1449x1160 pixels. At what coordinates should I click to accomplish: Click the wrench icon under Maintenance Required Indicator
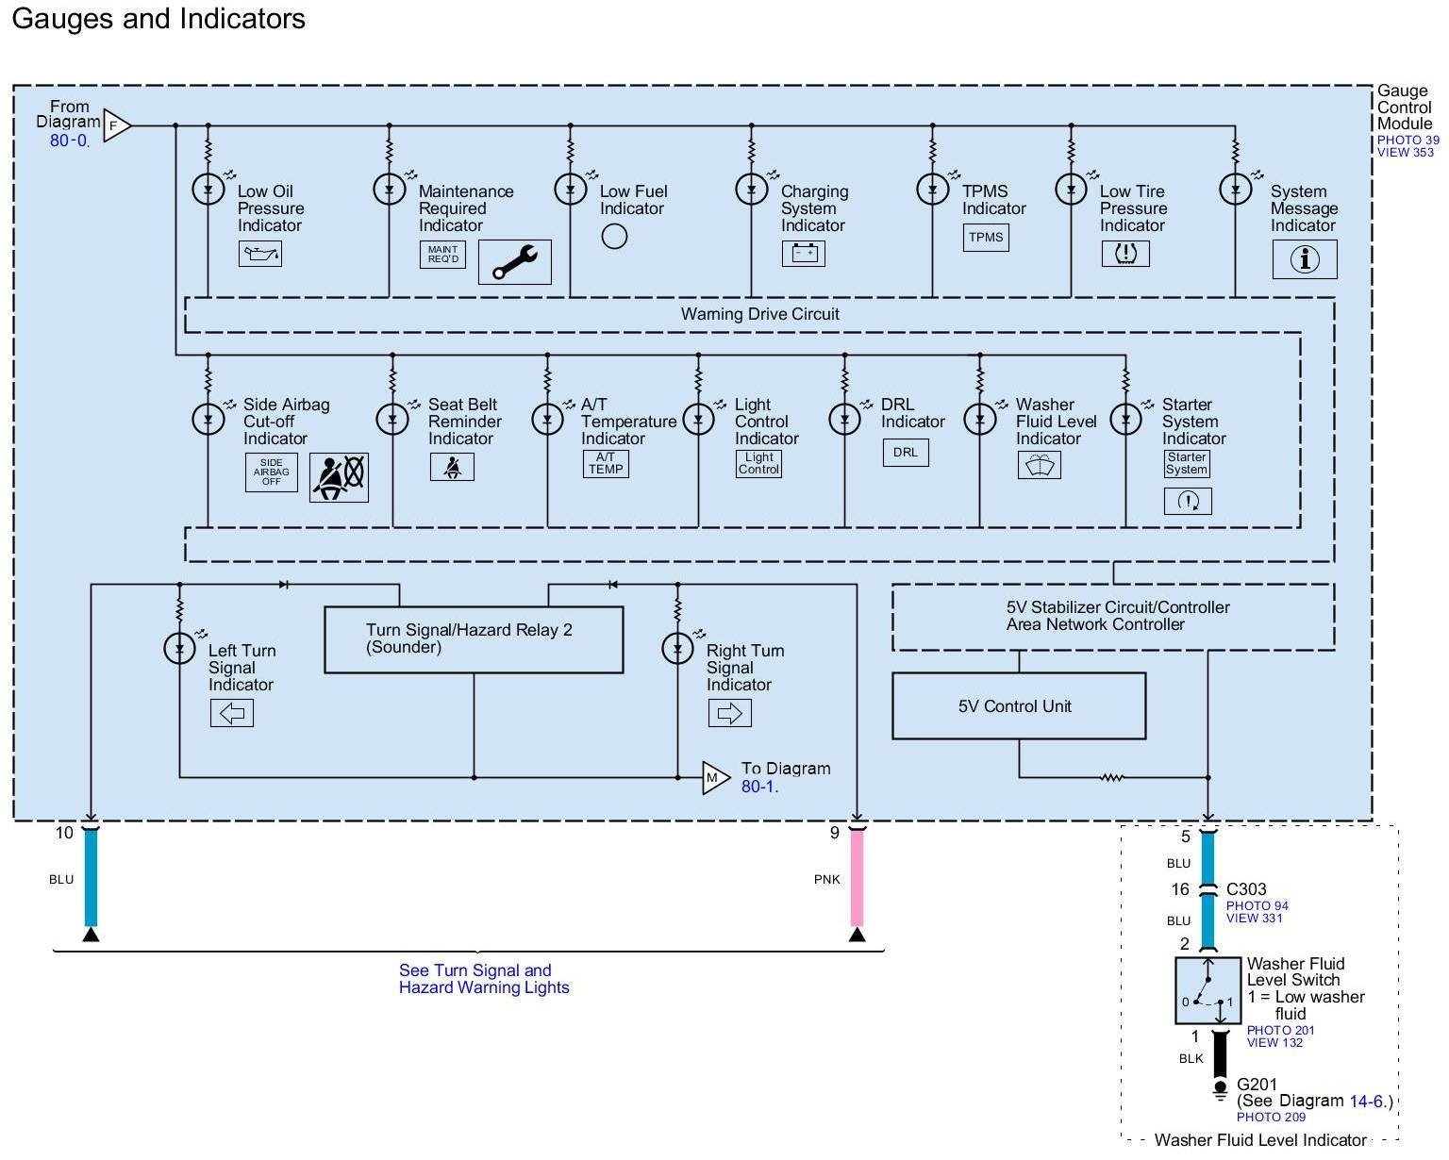click(514, 262)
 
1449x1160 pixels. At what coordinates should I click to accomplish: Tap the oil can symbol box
click(260, 254)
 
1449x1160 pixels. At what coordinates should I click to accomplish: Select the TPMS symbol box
click(985, 238)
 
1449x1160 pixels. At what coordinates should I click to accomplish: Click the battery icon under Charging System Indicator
click(804, 254)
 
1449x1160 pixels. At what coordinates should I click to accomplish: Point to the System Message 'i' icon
click(1305, 259)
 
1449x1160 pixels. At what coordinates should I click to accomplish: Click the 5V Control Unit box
click(1018, 705)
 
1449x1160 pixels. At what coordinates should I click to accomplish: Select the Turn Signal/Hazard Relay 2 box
click(474, 639)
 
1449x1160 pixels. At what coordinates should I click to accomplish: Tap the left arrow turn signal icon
click(232, 713)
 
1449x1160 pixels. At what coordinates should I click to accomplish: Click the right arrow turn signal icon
click(729, 713)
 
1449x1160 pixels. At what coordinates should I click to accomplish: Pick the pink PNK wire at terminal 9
click(857, 878)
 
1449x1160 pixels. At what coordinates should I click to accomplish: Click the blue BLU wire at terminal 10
click(91, 878)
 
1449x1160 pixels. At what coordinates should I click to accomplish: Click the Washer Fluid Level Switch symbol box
click(1207, 990)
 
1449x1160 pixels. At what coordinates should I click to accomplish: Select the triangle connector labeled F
click(116, 125)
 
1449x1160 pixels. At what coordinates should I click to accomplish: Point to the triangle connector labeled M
click(716, 778)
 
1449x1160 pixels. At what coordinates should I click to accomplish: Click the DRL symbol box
click(905, 453)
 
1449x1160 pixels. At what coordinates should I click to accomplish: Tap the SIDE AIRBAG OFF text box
click(272, 472)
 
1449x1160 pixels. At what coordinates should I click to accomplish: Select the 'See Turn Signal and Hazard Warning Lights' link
click(483, 978)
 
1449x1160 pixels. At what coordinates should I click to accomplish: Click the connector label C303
click(1245, 889)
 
